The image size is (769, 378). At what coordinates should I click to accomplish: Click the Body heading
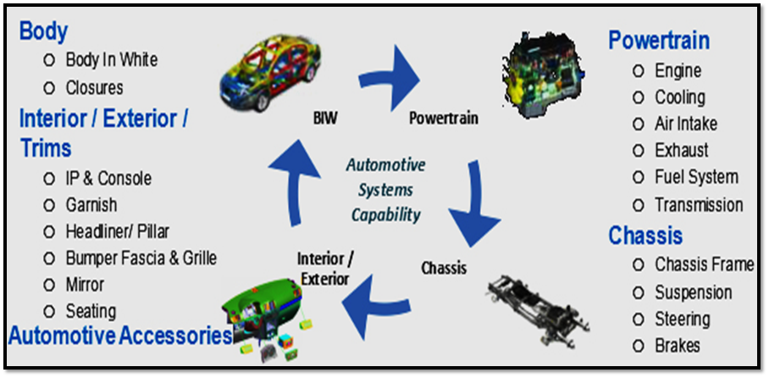click(43, 32)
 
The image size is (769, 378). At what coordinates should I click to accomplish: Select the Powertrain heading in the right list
click(659, 41)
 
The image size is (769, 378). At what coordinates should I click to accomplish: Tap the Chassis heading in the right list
click(645, 236)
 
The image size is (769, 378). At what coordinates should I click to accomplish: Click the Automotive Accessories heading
click(120, 336)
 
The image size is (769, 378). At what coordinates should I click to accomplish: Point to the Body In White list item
click(111, 60)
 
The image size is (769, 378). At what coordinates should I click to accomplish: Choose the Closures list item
click(94, 87)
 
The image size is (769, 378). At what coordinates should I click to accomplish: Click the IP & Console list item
click(108, 178)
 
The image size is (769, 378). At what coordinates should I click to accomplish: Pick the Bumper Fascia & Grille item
click(141, 258)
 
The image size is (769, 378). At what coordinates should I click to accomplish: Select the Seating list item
click(91, 311)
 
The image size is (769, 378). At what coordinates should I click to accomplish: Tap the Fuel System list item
click(696, 177)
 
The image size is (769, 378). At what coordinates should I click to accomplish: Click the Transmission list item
click(699, 204)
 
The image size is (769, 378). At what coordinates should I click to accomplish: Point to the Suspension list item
click(693, 292)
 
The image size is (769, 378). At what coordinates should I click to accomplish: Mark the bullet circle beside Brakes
click(639, 346)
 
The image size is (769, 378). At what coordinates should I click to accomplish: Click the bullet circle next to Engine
click(639, 71)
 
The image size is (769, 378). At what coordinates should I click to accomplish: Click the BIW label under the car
click(324, 118)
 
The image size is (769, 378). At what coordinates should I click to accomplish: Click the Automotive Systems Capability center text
click(385, 189)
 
